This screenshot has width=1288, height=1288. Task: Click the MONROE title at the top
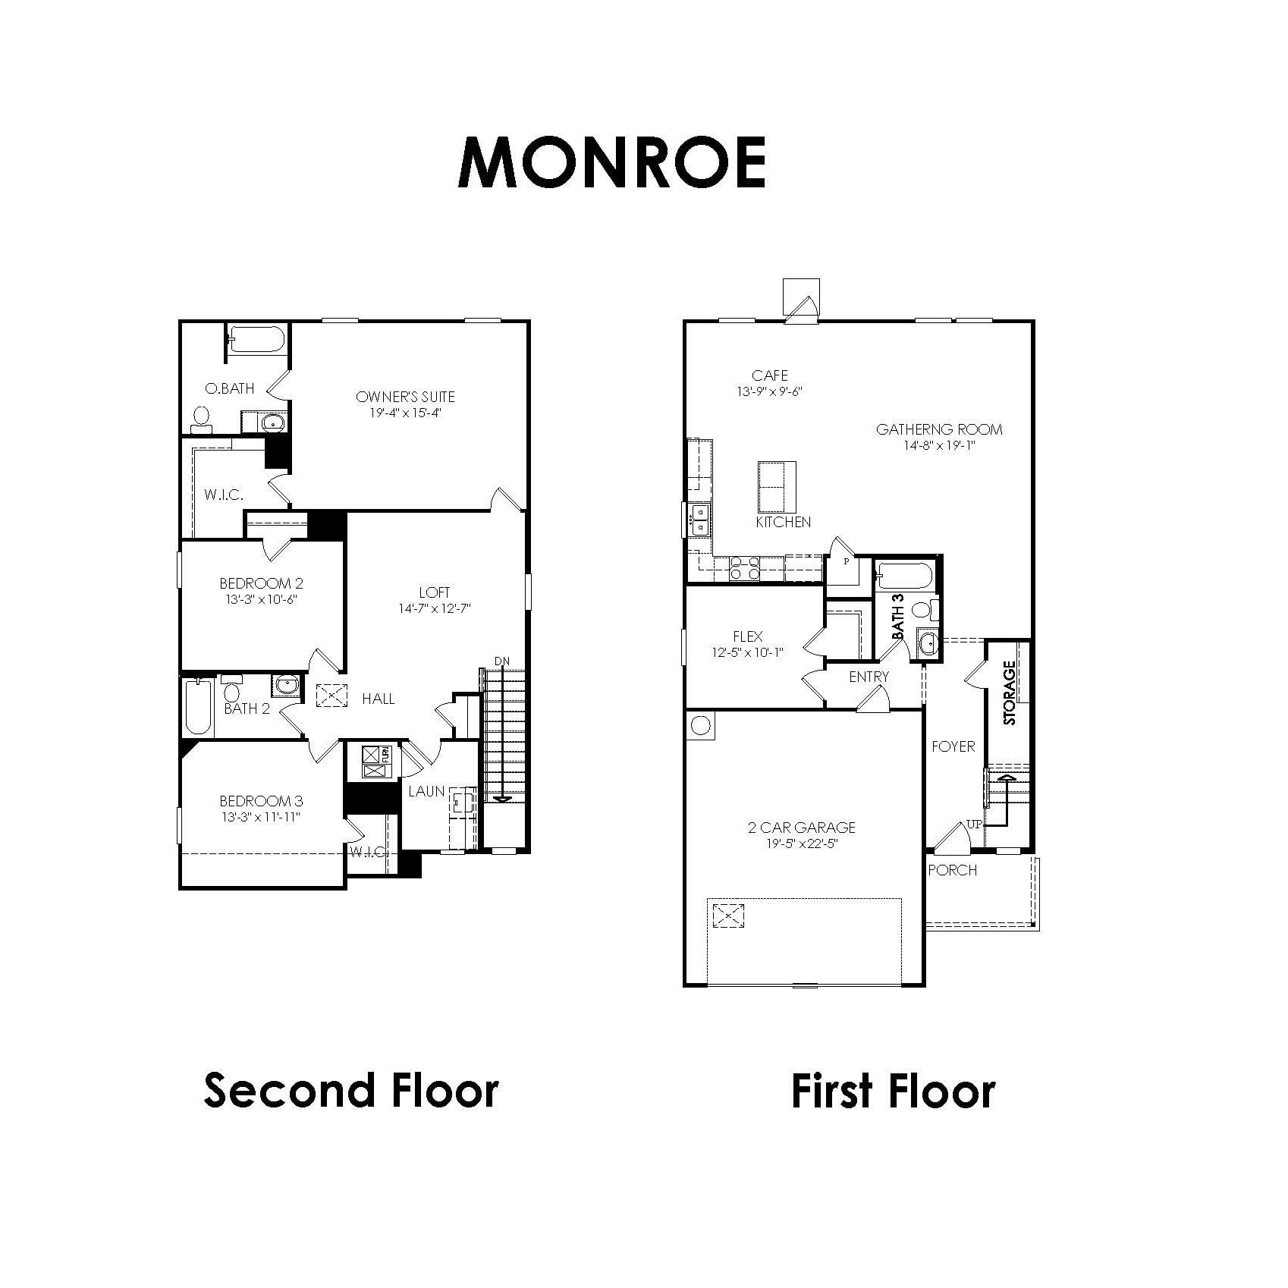point(611,162)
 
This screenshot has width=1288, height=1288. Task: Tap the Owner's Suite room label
point(405,397)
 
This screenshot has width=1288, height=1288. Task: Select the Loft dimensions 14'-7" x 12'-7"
point(435,608)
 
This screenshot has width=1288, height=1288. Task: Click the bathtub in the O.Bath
point(256,338)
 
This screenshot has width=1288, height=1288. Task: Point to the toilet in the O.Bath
point(202,419)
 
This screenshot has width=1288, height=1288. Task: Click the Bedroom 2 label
point(261,583)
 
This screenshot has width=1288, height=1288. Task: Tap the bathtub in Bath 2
point(197,707)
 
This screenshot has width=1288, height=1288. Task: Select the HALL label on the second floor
point(378,699)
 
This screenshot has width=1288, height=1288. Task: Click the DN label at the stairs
point(502,661)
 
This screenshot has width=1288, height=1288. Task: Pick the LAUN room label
point(426,791)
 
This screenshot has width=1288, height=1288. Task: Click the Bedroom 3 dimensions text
point(261,817)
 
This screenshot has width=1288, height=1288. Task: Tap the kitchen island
point(778,487)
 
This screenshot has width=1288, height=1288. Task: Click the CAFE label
point(769,375)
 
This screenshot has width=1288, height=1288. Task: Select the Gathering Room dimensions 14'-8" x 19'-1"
point(938,446)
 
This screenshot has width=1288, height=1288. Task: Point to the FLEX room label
point(747,636)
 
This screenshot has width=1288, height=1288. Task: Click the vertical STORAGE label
point(1009,693)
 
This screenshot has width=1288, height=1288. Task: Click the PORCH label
point(952,870)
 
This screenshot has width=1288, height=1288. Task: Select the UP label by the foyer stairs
point(974,824)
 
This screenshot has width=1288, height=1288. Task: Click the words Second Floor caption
point(351,1090)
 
